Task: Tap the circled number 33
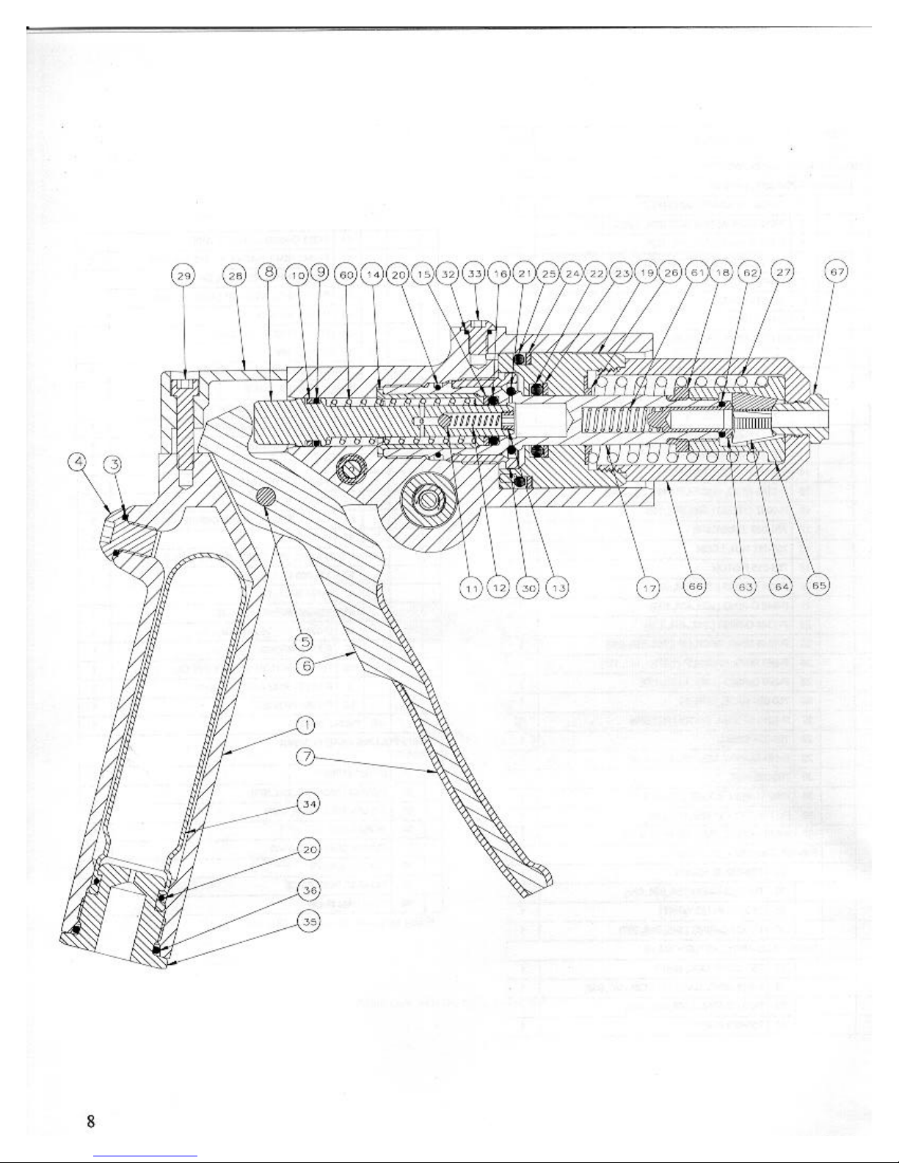(x=475, y=275)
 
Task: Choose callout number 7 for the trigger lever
(x=307, y=755)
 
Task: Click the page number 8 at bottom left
(x=90, y=1121)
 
